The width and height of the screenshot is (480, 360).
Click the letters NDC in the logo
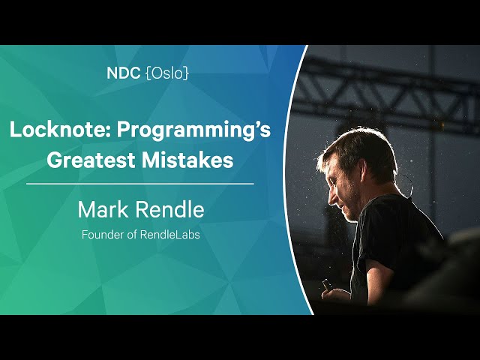[x=124, y=73]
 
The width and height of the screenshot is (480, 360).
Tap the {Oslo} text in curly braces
[x=167, y=73]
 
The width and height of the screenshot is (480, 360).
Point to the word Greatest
[x=91, y=160]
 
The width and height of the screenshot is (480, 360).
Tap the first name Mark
[x=103, y=209]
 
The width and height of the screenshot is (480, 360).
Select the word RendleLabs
[x=170, y=235]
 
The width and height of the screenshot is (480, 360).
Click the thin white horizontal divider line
[x=140, y=184]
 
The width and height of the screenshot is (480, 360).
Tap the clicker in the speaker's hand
[x=326, y=285]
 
